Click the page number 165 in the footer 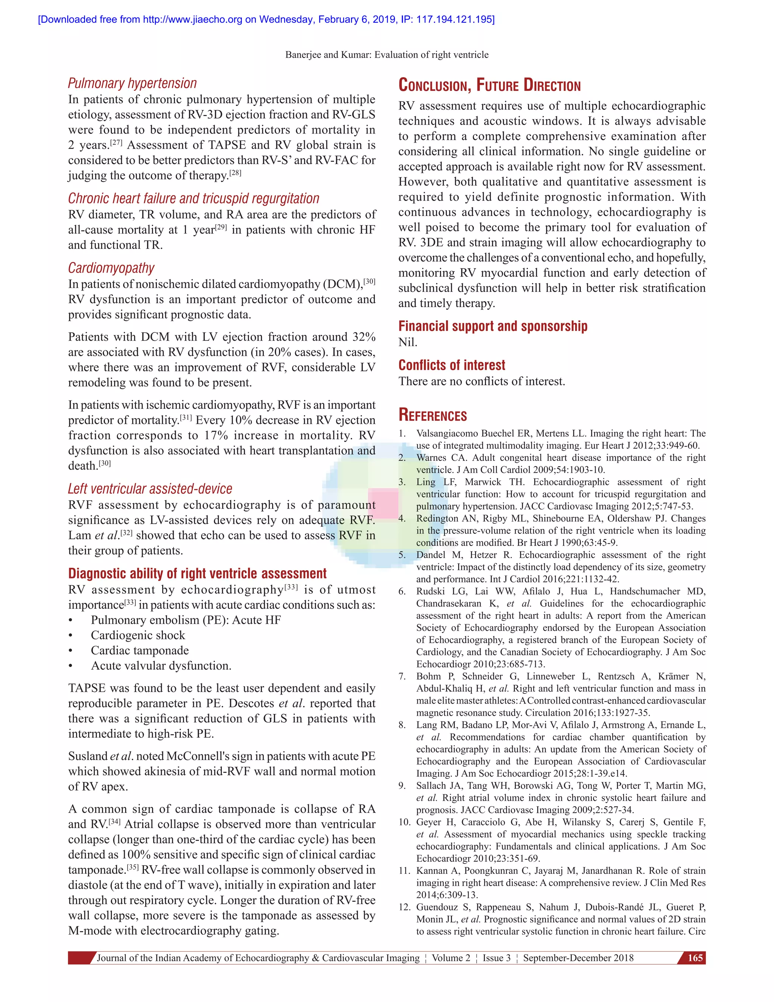[695, 958]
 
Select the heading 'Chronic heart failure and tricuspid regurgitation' [193, 198]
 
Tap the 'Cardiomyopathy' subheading [111, 268]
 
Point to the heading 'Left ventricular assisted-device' [150, 489]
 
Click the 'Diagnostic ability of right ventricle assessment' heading [197, 574]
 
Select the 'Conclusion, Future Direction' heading [489, 85]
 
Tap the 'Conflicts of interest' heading [452, 365]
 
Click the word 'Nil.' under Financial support [408, 342]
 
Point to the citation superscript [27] [116, 142]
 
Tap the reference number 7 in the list [402, 676]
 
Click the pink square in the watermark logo [383, 503]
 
